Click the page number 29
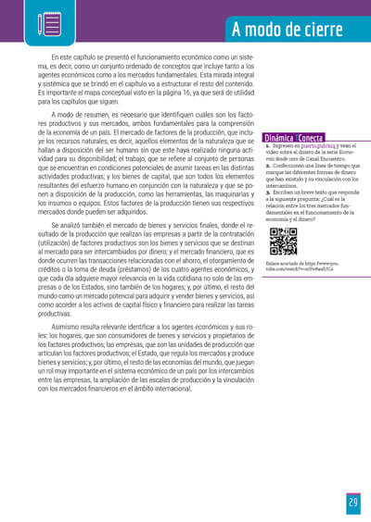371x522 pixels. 353,503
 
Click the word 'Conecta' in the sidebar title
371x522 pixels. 310,138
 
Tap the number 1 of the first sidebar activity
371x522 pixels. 267,146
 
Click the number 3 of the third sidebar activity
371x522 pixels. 267,189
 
